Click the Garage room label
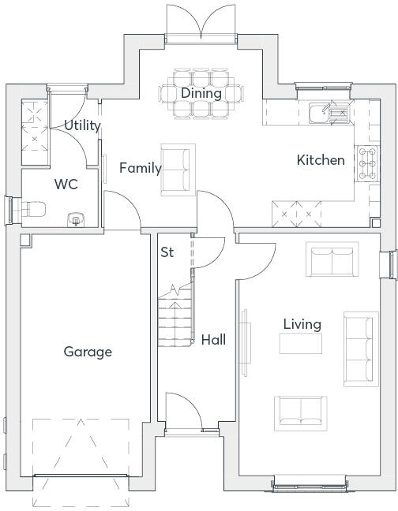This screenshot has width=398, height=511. click(x=88, y=352)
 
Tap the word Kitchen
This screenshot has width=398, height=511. click(x=321, y=160)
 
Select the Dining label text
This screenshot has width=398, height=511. click(x=201, y=93)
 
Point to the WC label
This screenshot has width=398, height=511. click(x=66, y=184)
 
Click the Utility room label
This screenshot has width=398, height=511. click(x=82, y=125)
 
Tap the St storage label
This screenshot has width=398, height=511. click(x=167, y=252)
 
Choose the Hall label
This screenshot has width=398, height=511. click(x=213, y=340)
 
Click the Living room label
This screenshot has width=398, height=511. click(x=302, y=324)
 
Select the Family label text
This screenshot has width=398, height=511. click(x=141, y=168)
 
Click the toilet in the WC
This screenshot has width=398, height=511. click(x=32, y=209)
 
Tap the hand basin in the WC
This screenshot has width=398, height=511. click(x=76, y=220)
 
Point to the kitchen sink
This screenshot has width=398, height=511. click(x=331, y=113)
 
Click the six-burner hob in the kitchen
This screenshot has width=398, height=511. click(x=368, y=163)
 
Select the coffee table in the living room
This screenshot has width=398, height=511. click(x=300, y=344)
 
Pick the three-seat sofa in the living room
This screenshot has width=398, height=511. click(x=361, y=349)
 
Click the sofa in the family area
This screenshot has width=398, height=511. click(x=178, y=170)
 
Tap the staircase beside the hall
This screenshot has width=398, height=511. click(x=175, y=315)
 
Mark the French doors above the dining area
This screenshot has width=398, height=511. click(x=201, y=24)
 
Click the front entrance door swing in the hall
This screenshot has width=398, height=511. click(x=184, y=412)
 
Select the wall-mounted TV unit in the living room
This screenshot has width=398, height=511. click(x=245, y=343)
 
